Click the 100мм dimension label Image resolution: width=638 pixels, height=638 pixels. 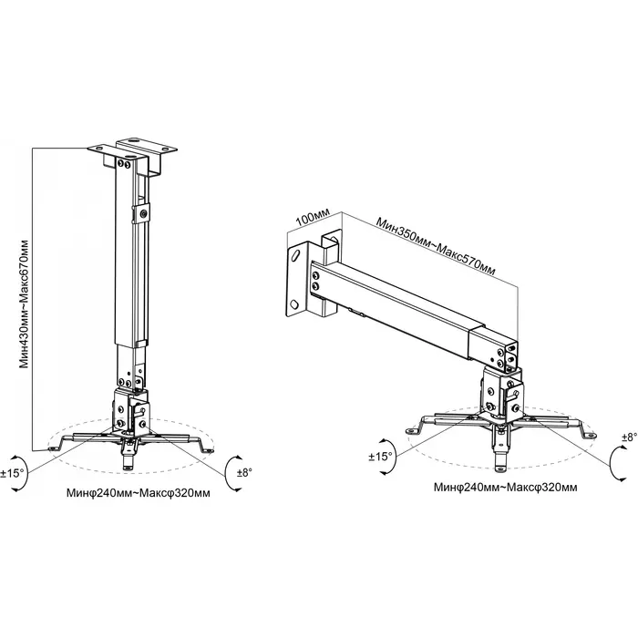312,219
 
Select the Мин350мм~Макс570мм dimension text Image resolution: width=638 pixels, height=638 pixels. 436,247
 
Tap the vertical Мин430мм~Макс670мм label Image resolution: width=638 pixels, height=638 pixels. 25,304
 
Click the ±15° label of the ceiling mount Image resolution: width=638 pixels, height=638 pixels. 12,474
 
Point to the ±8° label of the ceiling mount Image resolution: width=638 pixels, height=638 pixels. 244,472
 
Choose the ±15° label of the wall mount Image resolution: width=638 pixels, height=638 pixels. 380,457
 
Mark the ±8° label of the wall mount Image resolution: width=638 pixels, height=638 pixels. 630,437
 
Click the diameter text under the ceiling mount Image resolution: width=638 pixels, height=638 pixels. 139,493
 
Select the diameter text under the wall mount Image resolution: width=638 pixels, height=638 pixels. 505,487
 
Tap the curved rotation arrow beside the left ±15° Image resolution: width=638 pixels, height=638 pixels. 26,473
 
